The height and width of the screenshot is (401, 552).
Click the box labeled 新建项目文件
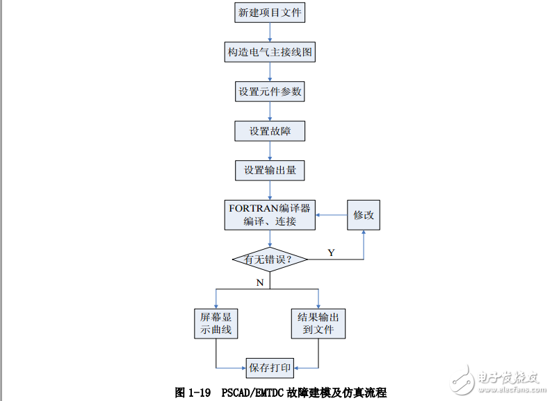(x=270, y=12)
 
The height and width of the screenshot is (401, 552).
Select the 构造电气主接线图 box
(x=270, y=52)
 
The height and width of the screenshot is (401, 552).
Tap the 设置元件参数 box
(x=270, y=92)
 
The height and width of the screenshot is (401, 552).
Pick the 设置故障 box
(x=270, y=131)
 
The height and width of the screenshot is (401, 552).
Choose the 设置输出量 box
(x=270, y=170)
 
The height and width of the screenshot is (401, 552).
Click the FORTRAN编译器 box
(x=270, y=214)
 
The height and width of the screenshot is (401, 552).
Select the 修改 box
(x=364, y=215)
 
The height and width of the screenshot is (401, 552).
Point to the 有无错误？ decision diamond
(x=270, y=259)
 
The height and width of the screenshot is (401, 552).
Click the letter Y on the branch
(x=331, y=253)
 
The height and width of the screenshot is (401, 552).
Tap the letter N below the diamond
(x=260, y=282)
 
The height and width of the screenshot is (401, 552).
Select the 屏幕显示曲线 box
(x=216, y=323)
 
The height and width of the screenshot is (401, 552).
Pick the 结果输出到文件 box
(x=318, y=323)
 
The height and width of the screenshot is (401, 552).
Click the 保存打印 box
(x=270, y=367)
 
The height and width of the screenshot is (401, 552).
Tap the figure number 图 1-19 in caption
(x=193, y=392)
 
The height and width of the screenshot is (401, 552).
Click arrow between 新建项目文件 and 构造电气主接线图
(x=270, y=33)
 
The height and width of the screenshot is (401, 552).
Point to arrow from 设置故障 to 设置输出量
(x=270, y=151)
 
